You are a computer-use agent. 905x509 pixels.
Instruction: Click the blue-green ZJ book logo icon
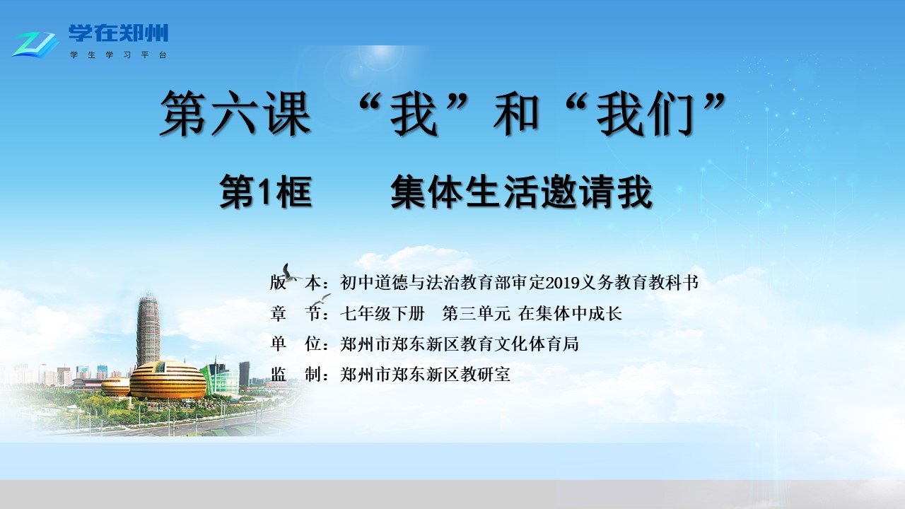[35, 45]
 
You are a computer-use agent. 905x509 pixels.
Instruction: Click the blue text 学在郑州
[118, 33]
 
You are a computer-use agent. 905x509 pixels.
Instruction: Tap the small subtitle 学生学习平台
[118, 55]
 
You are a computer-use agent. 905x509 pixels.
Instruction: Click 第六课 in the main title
[235, 113]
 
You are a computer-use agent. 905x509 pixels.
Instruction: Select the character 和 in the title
[516, 113]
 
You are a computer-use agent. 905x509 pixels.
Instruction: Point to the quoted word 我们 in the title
[646, 113]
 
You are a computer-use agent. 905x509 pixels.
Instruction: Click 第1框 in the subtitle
[265, 192]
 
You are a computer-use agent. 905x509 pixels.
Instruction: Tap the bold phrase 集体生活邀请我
[522, 192]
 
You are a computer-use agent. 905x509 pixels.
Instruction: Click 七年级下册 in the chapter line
[383, 313]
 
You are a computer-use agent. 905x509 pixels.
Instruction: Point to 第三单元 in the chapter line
[477, 313]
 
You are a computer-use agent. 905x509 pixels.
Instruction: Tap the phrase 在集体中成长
[570, 313]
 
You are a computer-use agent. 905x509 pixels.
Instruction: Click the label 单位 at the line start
[296, 344]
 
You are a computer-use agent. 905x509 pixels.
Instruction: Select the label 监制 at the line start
[296, 375]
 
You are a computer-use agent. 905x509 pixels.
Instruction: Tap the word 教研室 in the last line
[485, 375]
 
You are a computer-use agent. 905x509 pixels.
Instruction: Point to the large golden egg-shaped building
[168, 380]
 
